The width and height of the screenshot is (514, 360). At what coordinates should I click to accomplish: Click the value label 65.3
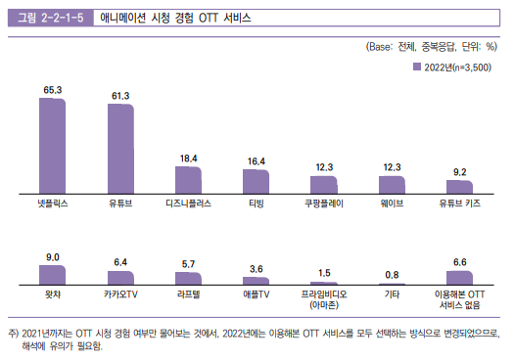tap(53, 90)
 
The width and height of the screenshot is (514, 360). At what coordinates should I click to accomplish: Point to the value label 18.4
tap(188, 158)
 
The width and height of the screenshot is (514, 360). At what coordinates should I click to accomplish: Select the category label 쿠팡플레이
tap(323, 205)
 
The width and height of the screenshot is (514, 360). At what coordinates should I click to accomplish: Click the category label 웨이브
tap(391, 205)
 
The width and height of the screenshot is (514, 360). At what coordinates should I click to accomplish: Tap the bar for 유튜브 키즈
tap(459, 186)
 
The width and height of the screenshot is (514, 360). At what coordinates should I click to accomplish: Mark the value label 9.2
tap(459, 172)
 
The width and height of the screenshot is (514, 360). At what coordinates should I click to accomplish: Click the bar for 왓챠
tap(53, 273)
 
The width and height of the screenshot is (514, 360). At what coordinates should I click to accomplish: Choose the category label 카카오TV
tap(120, 292)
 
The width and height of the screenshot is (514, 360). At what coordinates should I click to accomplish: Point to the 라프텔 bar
tap(188, 277)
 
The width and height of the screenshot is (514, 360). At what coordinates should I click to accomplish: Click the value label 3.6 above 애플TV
tap(256, 268)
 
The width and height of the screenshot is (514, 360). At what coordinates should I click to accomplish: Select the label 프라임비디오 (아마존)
tap(323, 297)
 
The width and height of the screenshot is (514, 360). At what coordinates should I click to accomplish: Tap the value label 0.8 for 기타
tap(391, 275)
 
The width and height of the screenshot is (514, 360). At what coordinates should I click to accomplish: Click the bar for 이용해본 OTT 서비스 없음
tap(459, 276)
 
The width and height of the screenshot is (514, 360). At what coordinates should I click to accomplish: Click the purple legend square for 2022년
tap(416, 66)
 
